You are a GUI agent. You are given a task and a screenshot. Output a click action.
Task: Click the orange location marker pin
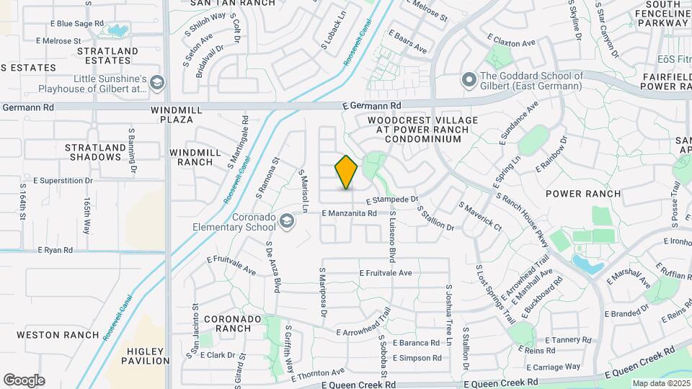pos(347,172)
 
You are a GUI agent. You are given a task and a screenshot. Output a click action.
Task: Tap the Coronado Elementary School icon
pos(288,220)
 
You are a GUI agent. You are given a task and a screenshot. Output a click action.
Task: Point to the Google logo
pos(24,380)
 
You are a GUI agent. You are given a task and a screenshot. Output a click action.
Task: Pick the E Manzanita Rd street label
pos(350,213)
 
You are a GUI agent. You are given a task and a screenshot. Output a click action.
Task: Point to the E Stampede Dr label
pos(392,200)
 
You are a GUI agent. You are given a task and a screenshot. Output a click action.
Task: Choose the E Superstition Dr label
pos(63,180)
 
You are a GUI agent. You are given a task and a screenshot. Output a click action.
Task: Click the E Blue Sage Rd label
pos(77,24)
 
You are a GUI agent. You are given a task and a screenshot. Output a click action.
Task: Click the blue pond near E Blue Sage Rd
pos(116,31)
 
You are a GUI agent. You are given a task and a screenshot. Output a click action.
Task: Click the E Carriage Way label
pos(553,367)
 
